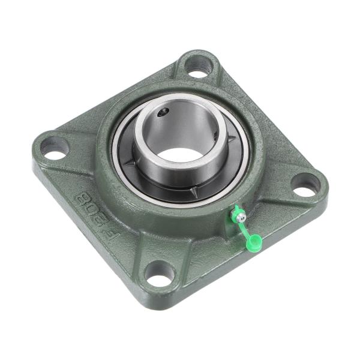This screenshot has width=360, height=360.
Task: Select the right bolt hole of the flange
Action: [x=305, y=184]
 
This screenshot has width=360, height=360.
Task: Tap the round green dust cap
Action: [x=254, y=242]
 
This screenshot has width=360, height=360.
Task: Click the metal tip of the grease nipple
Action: [x=236, y=209]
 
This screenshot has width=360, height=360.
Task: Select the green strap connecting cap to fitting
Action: [x=243, y=229]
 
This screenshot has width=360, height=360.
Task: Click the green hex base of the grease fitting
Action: [x=239, y=215]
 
